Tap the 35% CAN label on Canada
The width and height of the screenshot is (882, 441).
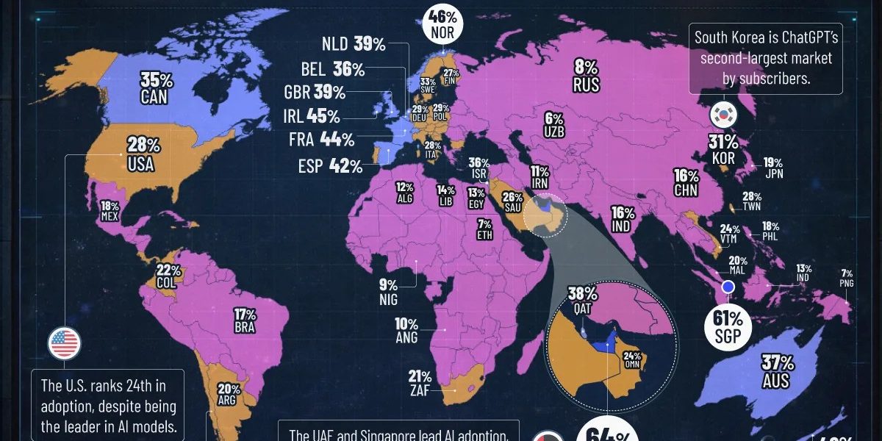pyautogui.click(x=154, y=87)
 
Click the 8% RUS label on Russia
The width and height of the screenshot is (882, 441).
pyautogui.click(x=586, y=76)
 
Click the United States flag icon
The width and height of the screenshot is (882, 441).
pyautogui.click(x=65, y=343)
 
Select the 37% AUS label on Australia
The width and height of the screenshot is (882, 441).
pyautogui.click(x=776, y=371)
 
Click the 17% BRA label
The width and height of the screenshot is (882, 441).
pyautogui.click(x=243, y=320)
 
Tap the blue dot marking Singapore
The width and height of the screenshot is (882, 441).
pyautogui.click(x=728, y=287)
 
